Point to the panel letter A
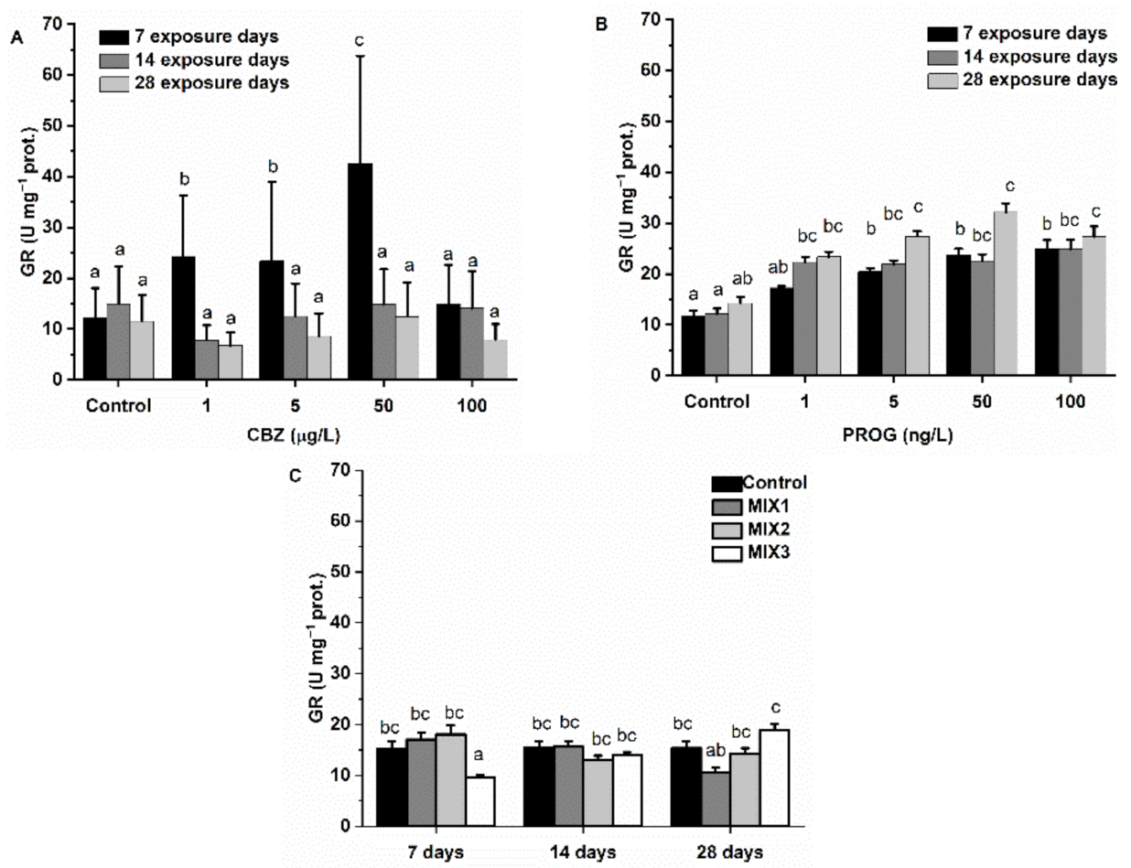tap(16, 38)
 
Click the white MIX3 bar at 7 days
tap(482, 801)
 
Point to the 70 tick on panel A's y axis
tap(60, 24)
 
